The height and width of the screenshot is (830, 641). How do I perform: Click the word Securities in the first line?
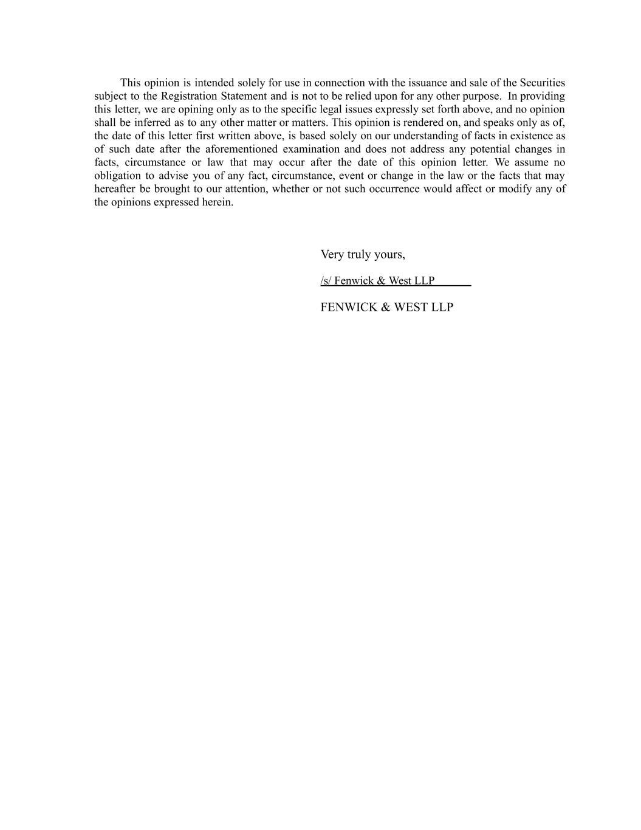click(542, 83)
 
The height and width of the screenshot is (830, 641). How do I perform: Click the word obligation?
click(117, 176)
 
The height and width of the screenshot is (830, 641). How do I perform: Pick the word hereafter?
click(115, 188)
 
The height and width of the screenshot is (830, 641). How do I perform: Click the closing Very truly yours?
click(363, 254)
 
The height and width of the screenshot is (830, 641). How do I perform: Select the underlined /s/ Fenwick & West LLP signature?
click(377, 280)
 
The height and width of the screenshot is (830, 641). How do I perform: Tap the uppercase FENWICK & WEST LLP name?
click(386, 307)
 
